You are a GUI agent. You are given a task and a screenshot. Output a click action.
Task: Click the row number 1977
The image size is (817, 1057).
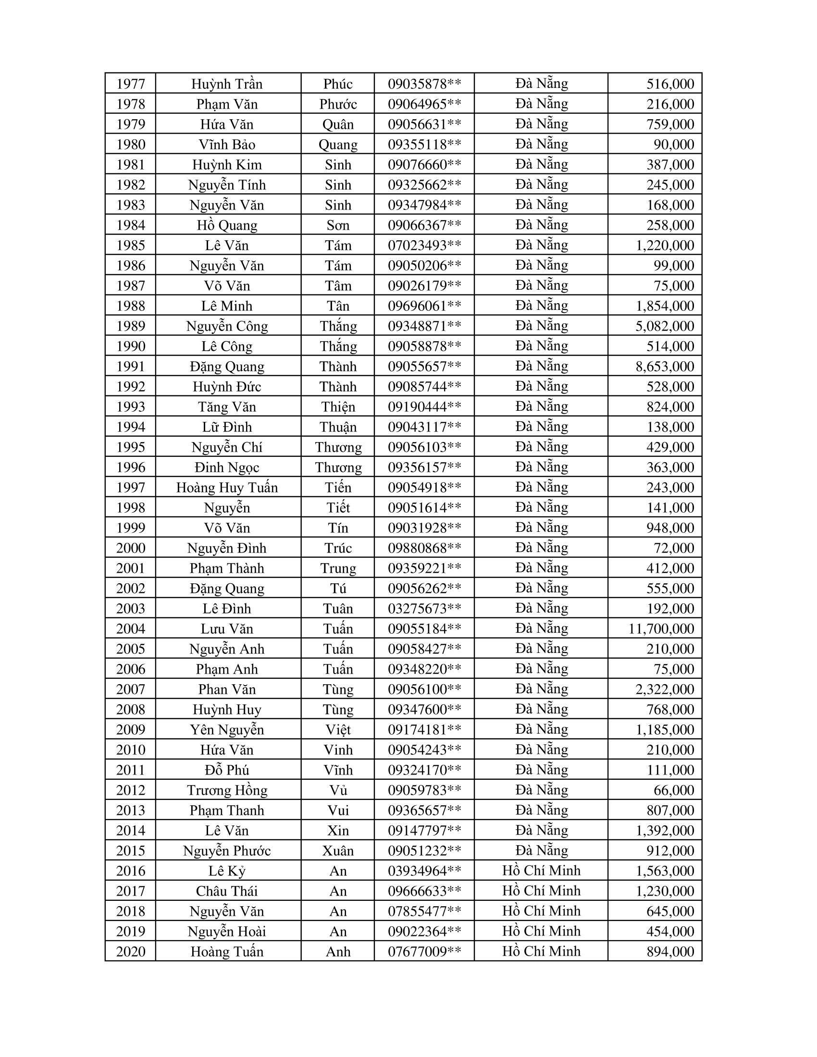[x=131, y=84]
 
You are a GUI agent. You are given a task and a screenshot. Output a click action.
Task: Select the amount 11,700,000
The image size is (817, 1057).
[x=661, y=629]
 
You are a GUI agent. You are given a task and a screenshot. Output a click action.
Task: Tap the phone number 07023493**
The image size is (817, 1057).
[x=424, y=246]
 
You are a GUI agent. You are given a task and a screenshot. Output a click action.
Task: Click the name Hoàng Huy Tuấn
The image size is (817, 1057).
[x=227, y=487]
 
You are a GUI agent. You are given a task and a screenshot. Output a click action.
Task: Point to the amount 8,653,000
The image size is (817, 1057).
[x=665, y=367]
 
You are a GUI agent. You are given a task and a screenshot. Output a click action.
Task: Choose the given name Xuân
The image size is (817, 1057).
[x=338, y=851]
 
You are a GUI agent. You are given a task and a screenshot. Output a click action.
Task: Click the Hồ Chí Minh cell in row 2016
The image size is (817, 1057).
[x=541, y=871]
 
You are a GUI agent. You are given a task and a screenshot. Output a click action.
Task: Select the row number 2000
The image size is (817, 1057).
[x=131, y=548]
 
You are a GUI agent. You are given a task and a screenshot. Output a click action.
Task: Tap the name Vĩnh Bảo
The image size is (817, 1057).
[x=227, y=144]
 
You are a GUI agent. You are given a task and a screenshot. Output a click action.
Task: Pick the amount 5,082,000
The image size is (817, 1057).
[x=665, y=326]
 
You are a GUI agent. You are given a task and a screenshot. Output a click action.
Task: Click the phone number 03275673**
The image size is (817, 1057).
[x=424, y=608]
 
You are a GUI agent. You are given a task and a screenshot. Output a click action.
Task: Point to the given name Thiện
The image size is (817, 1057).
[x=338, y=406]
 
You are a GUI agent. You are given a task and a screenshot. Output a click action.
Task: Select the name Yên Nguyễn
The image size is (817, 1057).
[x=227, y=729]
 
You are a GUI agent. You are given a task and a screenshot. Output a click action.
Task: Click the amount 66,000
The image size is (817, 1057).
[x=674, y=790]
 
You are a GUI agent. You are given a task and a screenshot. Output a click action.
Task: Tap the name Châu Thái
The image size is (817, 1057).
[x=227, y=891]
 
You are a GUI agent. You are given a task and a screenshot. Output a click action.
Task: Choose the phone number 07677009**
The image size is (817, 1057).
[x=424, y=951]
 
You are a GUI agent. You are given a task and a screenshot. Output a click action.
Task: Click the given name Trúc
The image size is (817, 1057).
[x=338, y=548]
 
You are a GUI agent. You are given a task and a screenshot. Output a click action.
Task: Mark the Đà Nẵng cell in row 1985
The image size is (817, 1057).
[x=541, y=245]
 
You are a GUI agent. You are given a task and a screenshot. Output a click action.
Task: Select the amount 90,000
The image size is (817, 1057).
[x=674, y=144]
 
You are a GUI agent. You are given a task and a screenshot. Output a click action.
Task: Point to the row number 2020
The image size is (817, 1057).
[x=131, y=951]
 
